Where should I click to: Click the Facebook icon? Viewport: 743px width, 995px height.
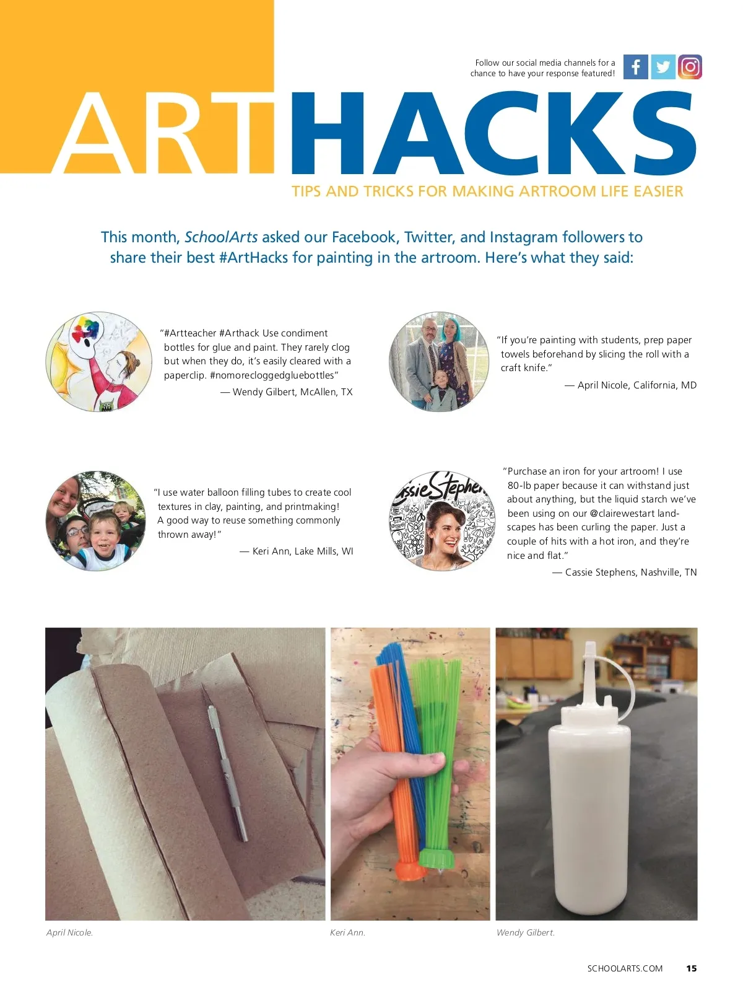tap(635, 67)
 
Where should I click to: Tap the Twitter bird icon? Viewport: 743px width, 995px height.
tap(663, 67)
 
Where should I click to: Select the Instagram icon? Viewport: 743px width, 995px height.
tap(690, 67)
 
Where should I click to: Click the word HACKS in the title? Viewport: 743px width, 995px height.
tap(493, 133)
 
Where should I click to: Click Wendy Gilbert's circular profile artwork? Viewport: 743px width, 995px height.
tap(99, 361)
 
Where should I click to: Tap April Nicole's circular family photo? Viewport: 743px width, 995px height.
tap(439, 361)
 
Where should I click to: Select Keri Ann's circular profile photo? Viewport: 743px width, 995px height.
tap(96, 520)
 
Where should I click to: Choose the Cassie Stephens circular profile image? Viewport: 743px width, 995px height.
tap(442, 520)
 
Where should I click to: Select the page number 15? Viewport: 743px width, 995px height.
tap(692, 968)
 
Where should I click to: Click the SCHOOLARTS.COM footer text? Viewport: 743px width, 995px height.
tap(625, 968)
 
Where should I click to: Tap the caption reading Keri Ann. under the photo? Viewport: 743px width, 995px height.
tap(347, 932)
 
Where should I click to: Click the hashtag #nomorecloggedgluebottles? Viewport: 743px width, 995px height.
tap(272, 375)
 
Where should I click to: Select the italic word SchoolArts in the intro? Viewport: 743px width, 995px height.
tap(221, 237)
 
